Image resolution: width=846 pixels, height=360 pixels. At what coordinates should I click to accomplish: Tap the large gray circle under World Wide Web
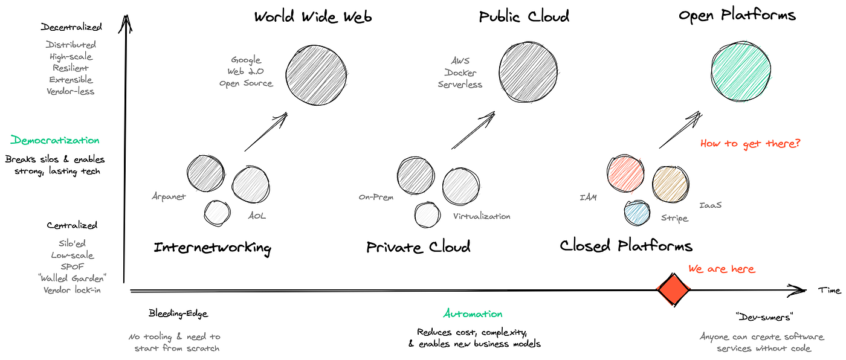tap(316, 74)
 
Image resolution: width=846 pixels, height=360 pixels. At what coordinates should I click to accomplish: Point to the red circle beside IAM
tap(626, 175)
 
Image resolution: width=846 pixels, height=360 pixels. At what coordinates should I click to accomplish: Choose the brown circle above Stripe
tap(671, 183)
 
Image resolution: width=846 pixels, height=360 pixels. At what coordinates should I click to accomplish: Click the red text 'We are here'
tap(722, 269)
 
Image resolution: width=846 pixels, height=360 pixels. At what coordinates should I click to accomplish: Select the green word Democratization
tap(55, 141)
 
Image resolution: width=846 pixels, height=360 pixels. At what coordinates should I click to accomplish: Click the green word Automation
tap(473, 314)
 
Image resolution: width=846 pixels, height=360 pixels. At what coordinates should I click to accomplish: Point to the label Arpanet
tap(169, 196)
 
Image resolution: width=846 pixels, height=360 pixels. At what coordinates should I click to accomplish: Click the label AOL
tap(256, 216)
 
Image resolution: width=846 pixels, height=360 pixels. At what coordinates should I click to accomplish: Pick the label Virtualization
tap(482, 216)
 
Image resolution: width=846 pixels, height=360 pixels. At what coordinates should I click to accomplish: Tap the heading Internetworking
tap(212, 248)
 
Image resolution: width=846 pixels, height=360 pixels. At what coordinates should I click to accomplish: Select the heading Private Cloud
tap(418, 247)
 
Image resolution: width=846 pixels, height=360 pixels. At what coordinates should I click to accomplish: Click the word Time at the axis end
tap(829, 291)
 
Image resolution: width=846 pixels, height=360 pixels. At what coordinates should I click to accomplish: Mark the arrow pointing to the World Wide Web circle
tap(265, 132)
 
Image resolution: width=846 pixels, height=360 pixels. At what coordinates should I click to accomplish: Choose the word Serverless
tap(460, 85)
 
